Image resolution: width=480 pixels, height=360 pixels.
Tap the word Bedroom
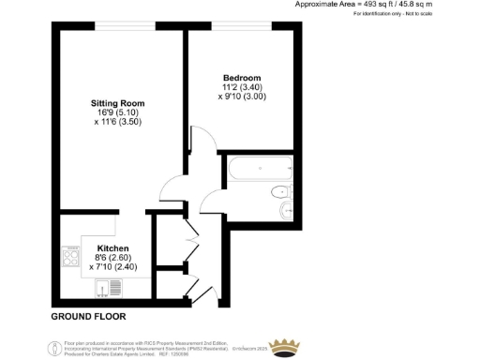pyautogui.click(x=241, y=77)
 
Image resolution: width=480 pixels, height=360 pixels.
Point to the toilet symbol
pyautogui.click(x=279, y=193)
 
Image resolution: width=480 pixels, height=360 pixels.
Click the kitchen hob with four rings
pyautogui.click(x=69, y=254)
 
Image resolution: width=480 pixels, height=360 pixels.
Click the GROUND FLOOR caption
pyautogui.click(x=87, y=317)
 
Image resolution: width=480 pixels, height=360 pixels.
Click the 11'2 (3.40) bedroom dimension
pyautogui.click(x=241, y=86)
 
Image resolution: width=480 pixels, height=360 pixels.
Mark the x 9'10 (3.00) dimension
pyautogui.click(x=241, y=96)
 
